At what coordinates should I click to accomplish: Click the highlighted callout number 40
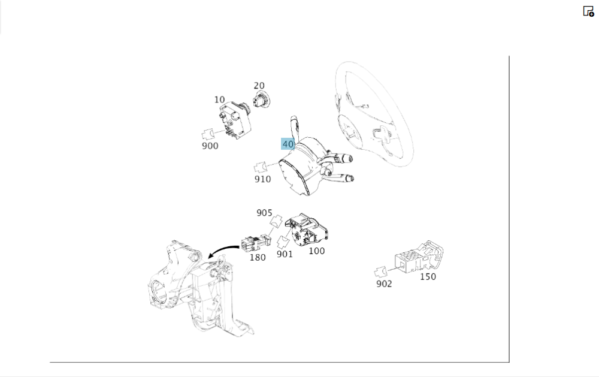pos(288,144)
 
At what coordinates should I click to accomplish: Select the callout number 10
pos(219,99)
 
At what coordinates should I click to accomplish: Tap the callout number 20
pos(259,86)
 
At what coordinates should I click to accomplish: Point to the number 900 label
pos(210,146)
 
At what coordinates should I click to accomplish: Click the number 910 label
pos(262,179)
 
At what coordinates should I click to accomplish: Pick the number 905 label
pos(264,213)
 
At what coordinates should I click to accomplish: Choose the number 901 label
pos(285,254)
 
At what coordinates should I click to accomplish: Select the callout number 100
pos(316,251)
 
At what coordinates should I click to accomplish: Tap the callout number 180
pos(257,258)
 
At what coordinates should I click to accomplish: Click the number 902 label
pos(384,283)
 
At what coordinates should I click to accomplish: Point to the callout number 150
pos(428,276)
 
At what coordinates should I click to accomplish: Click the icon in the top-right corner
pos(588,11)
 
